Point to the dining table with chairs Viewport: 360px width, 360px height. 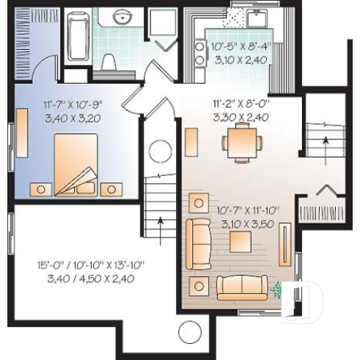[242, 142]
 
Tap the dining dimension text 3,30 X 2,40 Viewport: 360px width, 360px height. [240, 117]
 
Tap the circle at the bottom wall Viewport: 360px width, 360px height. [190, 332]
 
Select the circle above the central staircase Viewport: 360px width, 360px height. [161, 152]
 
